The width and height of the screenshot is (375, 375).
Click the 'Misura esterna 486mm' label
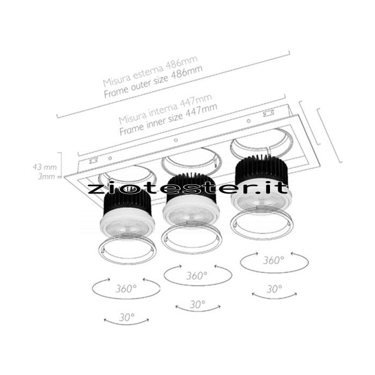tap(150, 71)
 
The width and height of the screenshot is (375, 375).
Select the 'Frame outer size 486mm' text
tap(153, 82)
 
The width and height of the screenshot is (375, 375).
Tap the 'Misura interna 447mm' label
tap(165, 109)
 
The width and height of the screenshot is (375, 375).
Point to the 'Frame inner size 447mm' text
tap(168, 119)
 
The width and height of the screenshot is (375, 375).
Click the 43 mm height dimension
tap(44, 167)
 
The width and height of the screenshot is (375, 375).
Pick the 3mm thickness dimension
tap(47, 177)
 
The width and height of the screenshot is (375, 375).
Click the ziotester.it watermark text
tap(187, 189)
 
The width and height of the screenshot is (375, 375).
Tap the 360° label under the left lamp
tap(126, 289)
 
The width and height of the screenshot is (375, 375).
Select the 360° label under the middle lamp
tap(197, 276)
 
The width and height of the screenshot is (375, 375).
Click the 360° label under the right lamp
tap(274, 260)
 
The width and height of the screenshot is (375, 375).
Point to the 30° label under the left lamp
tap(127, 317)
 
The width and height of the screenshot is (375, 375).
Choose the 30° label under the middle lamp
tap(198, 304)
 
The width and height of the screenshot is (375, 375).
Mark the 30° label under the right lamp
tap(274, 289)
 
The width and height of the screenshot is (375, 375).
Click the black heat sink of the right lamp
tap(261, 171)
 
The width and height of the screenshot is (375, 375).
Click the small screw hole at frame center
tap(176, 140)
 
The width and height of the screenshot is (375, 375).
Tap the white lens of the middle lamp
tap(191, 213)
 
